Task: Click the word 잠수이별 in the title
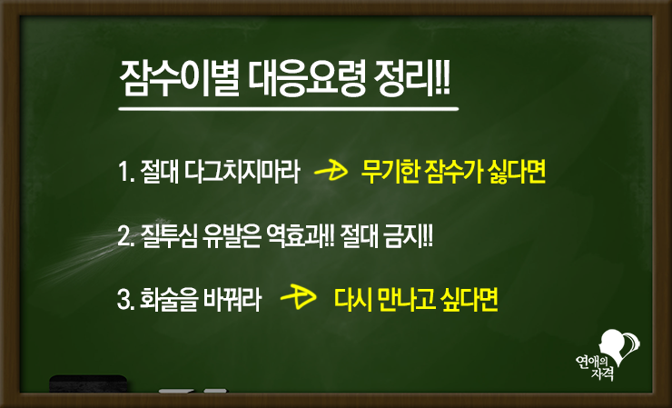179,79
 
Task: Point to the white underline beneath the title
289,109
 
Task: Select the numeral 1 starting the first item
123,173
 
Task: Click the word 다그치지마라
242,173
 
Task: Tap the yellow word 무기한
390,172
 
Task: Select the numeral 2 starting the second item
123,237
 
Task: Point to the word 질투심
169,236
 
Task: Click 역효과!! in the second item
300,236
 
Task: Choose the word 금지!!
411,236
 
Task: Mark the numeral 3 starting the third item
123,300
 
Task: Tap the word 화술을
168,300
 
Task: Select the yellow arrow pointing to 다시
298,297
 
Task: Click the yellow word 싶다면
469,300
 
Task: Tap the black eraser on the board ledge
88,383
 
